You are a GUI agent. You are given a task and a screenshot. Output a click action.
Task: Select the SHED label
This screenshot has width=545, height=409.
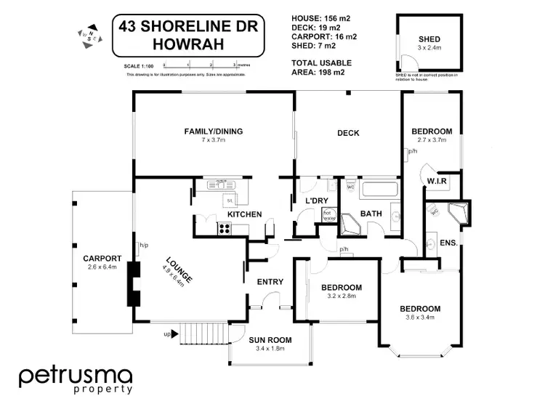(429, 40)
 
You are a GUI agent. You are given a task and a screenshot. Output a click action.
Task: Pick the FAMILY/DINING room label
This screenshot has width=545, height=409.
(213, 131)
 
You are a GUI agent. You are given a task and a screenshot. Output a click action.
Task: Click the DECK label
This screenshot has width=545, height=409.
(348, 133)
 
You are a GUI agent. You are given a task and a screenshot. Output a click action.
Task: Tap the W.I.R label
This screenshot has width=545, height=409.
(437, 181)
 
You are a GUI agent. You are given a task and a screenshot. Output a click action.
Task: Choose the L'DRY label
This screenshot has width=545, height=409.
(315, 200)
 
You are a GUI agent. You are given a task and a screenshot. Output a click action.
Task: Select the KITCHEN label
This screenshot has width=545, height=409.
(244, 215)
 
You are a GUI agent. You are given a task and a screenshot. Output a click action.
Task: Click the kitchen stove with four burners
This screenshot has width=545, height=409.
(224, 229)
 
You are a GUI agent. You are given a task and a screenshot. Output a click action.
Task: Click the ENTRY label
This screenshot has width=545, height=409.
(270, 282)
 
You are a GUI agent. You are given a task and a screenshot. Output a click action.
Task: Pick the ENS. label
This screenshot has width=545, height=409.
(448, 243)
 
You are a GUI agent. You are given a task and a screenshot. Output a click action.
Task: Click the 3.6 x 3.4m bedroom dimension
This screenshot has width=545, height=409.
(420, 317)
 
